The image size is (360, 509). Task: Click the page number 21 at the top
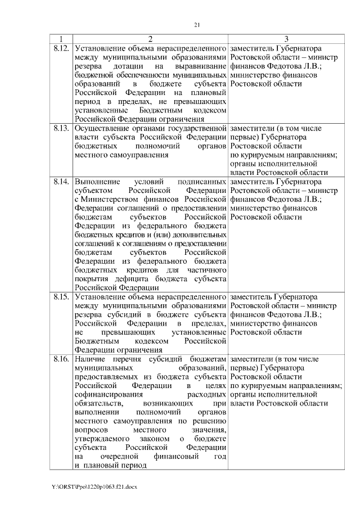197,25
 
